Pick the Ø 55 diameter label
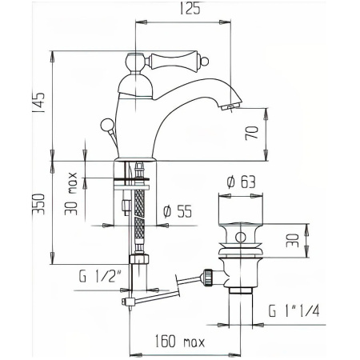175,211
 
